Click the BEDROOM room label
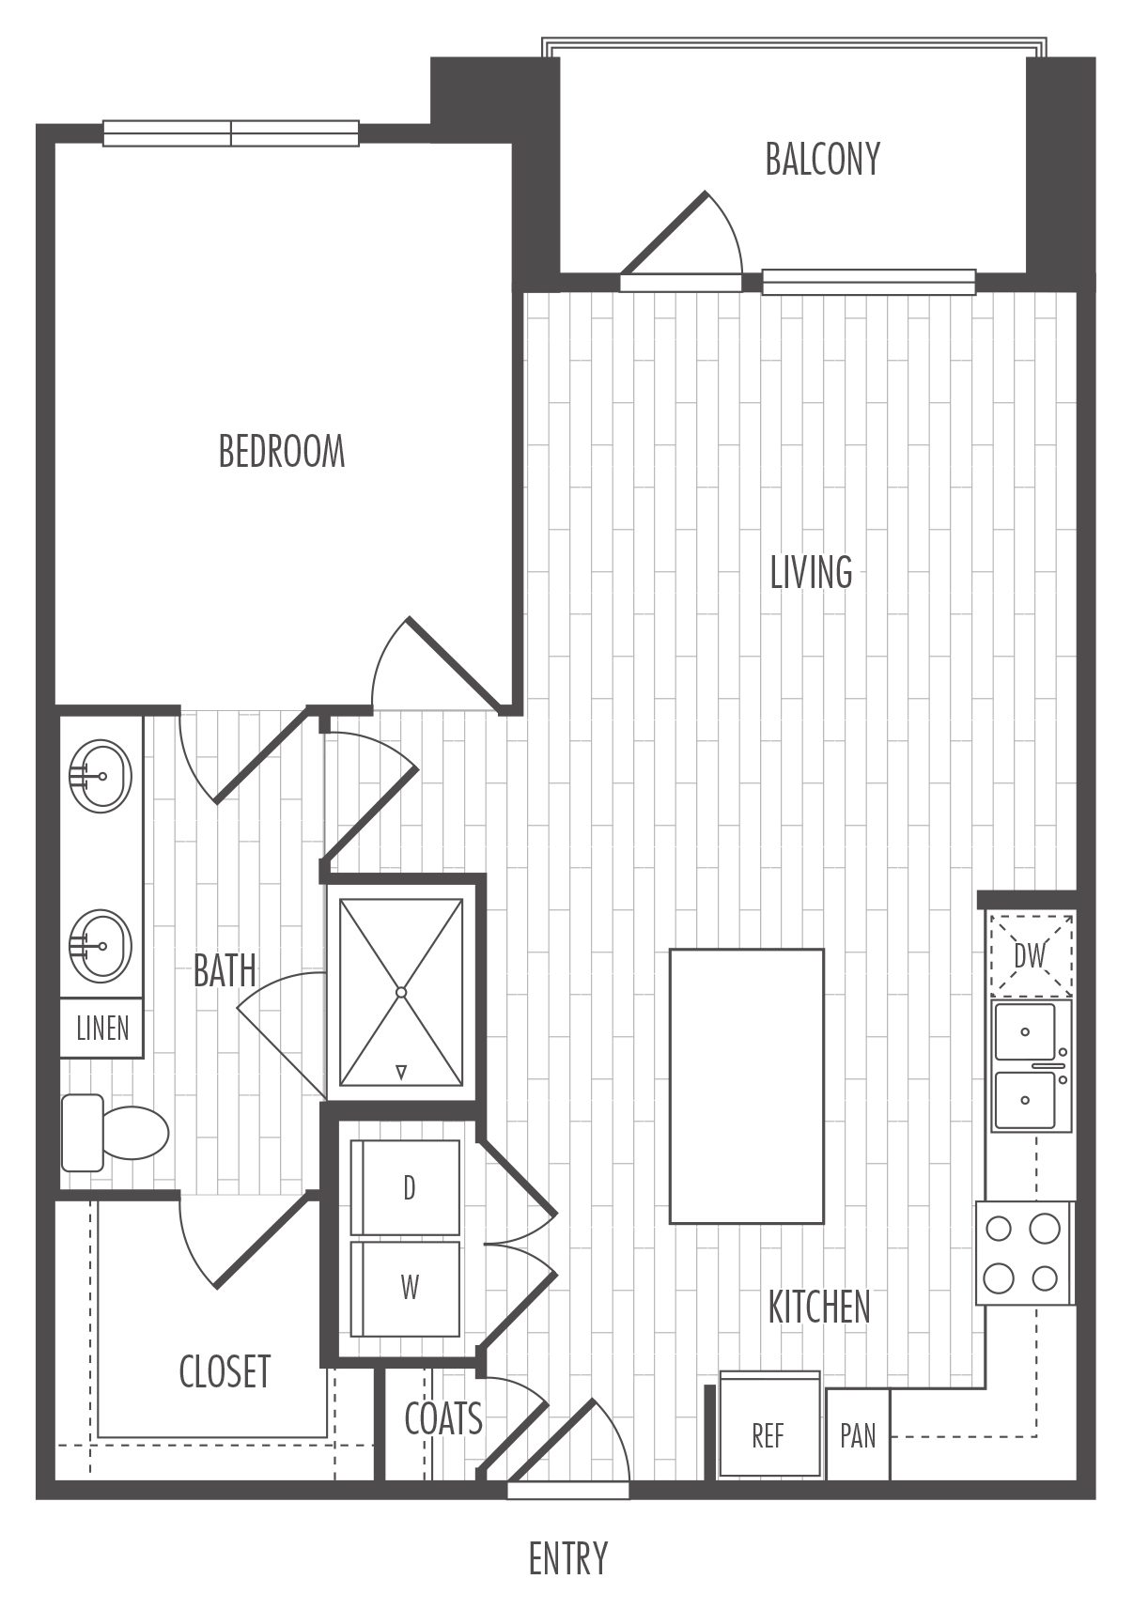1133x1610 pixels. coord(282,452)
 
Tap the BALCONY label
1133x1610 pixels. coord(822,159)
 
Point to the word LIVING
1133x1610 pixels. coord(811,572)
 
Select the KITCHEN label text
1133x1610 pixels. coord(819,1307)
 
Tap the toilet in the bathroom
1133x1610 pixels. coord(115,1134)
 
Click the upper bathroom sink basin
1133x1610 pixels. coord(101,776)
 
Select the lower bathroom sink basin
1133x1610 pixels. coord(101,946)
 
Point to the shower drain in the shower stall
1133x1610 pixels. coord(401,993)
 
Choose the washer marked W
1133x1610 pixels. coord(406,1288)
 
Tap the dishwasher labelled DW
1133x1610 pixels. coord(1032,954)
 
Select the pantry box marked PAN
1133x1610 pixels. coord(858,1434)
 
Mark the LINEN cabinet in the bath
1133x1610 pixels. coord(101,1028)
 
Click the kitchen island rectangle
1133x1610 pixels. coord(746,1086)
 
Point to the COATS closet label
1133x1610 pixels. coord(442,1418)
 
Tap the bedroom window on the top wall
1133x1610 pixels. coord(231,133)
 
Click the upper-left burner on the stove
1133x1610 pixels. coord(999,1229)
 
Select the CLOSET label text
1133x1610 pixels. coord(225,1371)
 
